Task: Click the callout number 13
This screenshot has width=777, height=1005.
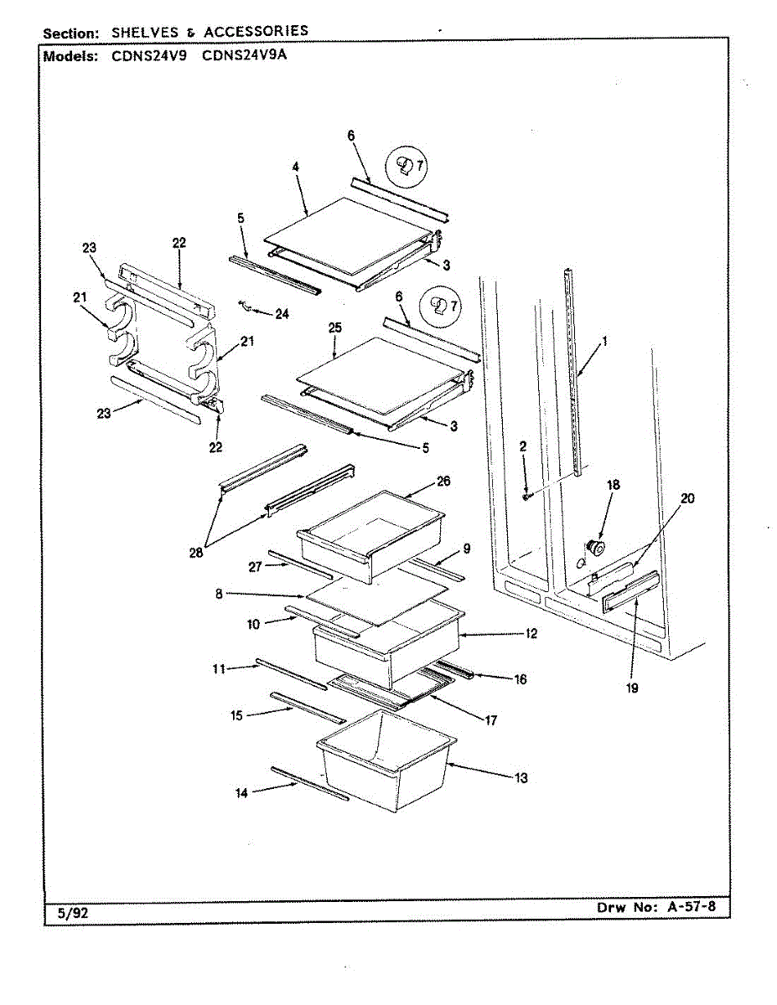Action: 521,778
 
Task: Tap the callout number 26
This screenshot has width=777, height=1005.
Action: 443,482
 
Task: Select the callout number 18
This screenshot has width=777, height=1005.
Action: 614,485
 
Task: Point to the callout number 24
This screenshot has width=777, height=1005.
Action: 282,314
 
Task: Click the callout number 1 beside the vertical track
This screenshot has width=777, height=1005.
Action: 605,341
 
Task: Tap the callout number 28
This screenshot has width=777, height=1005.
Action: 197,554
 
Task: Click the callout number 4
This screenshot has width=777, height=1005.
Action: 296,167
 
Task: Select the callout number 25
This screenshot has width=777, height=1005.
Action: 335,328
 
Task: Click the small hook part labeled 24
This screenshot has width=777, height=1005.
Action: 246,306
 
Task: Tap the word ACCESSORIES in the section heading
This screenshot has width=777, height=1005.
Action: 256,31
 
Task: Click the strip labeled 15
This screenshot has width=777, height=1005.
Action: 307,708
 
